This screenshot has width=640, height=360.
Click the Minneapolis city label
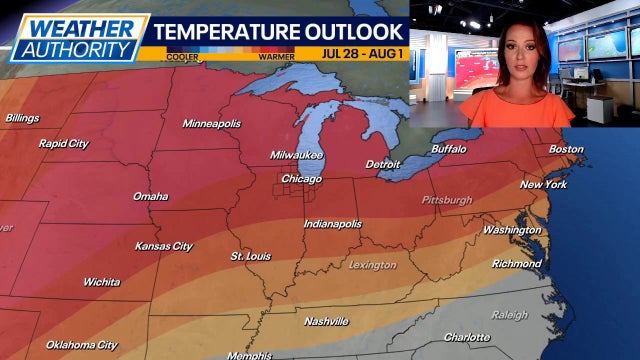coord(212,123)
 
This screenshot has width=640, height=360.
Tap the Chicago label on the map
coord(301,179)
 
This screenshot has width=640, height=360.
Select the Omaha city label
coord(150,196)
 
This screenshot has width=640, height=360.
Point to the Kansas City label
coord(164,246)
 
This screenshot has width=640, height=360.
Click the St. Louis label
coord(250,256)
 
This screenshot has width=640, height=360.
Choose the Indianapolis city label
coord(333,224)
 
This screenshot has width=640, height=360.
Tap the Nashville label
coord(327,321)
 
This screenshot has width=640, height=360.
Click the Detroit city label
coord(382,163)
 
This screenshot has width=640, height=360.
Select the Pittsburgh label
coord(447,200)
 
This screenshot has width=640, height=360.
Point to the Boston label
coord(566,149)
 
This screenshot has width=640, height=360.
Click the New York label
coord(544,184)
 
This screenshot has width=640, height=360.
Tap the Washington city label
coord(512,230)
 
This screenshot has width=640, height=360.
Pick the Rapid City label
coord(63,143)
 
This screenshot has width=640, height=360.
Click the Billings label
coord(22,118)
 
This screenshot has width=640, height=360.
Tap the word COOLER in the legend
coord(183,57)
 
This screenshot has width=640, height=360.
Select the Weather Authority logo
coord(75,37)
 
